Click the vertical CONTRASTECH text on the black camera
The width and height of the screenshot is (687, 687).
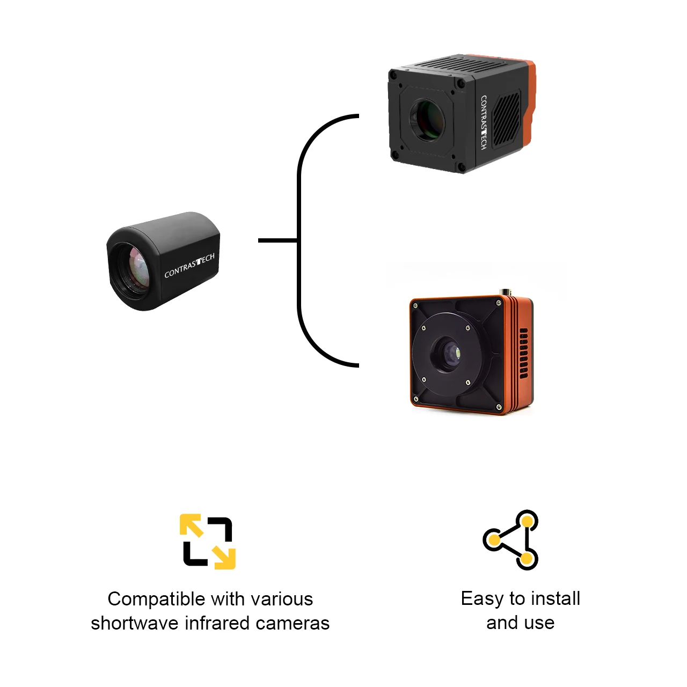coord(484,122)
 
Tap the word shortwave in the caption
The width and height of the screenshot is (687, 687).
coord(134,623)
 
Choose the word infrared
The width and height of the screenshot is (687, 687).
coord(217,623)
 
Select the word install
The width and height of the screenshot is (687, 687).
coord(556,599)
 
